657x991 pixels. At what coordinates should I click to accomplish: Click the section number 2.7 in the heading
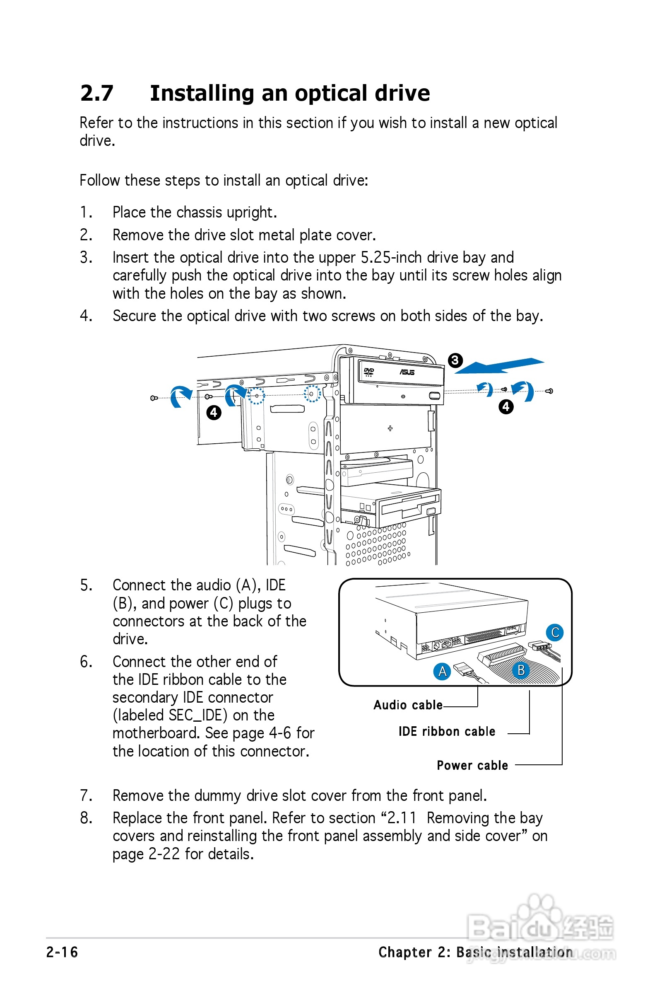pyautogui.click(x=97, y=93)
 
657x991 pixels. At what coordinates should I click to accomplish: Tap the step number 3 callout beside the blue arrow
pyautogui.click(x=455, y=360)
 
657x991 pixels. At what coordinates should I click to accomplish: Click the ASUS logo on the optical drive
pyautogui.click(x=407, y=372)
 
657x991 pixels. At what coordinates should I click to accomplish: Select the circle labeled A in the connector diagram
pyautogui.click(x=442, y=672)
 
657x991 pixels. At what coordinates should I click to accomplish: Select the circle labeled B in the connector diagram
pyautogui.click(x=521, y=670)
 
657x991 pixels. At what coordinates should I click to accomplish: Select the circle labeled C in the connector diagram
pyautogui.click(x=555, y=633)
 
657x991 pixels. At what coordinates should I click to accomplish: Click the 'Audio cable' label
pyautogui.click(x=408, y=705)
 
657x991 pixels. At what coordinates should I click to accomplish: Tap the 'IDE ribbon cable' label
pyautogui.click(x=447, y=732)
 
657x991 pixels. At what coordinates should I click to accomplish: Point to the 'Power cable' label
pyautogui.click(x=472, y=766)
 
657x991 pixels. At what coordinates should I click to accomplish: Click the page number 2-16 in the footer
pyautogui.click(x=62, y=952)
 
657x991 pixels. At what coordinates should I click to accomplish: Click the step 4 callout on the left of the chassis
pyautogui.click(x=214, y=413)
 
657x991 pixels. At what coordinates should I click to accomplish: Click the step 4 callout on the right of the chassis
pyautogui.click(x=506, y=406)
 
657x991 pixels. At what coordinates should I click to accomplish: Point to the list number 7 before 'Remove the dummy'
pyautogui.click(x=85, y=795)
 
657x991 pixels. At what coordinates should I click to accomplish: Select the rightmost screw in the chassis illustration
pyautogui.click(x=549, y=391)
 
